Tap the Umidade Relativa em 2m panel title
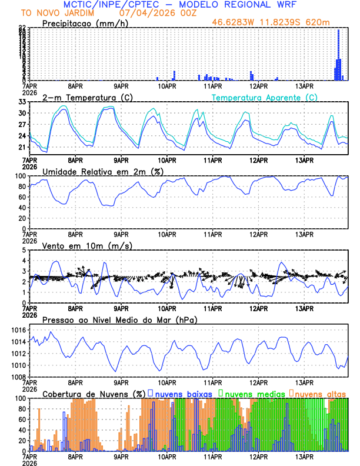pyautogui.click(x=102, y=171)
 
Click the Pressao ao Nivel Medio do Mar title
pyautogui.click(x=119, y=319)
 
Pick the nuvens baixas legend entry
pyautogui.click(x=183, y=393)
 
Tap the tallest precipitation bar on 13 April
pyautogui.click(x=338, y=53)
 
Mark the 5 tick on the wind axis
pyautogui.click(x=24, y=250)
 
